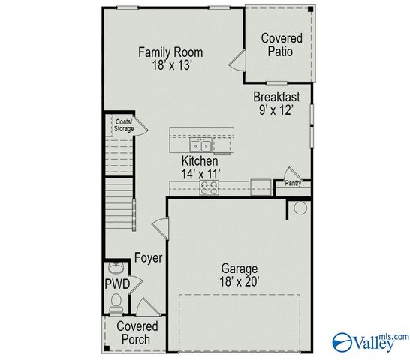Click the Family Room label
pos(170,52)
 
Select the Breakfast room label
pos(276,97)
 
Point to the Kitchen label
pos(200,161)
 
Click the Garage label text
pos(239,268)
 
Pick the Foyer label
pos(148,258)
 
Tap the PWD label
pos(117,283)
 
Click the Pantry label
pos(293,182)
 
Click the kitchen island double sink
pos(201,145)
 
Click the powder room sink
pos(116,268)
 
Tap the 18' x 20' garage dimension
pos(239,281)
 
